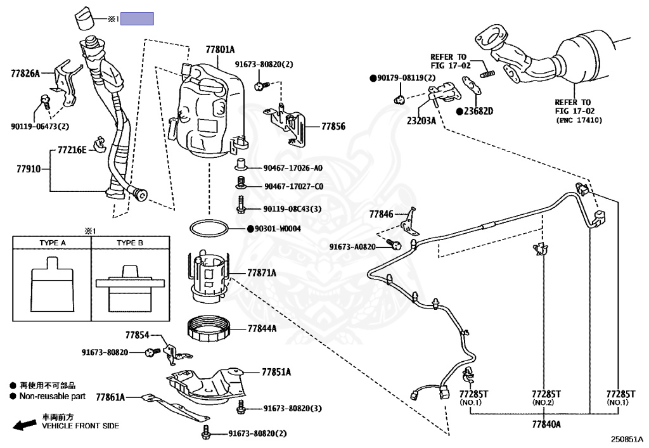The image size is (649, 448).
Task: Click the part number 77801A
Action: [x=220, y=49]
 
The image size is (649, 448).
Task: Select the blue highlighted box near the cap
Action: [x=137, y=18]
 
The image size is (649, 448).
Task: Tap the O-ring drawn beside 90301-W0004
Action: [x=209, y=228]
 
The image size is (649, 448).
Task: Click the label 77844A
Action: [x=262, y=328]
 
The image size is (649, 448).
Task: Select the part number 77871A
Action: [x=262, y=272]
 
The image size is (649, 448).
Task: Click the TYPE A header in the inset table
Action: [x=53, y=243]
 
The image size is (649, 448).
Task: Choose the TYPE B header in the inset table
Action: [x=129, y=243]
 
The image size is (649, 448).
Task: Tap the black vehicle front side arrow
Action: [x=25, y=425]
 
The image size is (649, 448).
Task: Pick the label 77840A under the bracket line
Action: [x=546, y=424]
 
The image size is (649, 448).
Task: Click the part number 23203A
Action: [x=421, y=121]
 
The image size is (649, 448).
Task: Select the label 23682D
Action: [x=479, y=111]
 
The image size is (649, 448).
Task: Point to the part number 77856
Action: [x=333, y=126]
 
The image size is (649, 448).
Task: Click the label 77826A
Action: [x=25, y=74]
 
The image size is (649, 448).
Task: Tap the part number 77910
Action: [x=29, y=169]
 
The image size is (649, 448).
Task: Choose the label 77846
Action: [x=381, y=214]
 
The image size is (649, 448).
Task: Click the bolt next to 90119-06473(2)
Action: [x=45, y=101]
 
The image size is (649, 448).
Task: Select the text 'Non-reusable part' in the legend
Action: [x=52, y=396]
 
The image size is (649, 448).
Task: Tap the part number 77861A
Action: [x=110, y=397]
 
